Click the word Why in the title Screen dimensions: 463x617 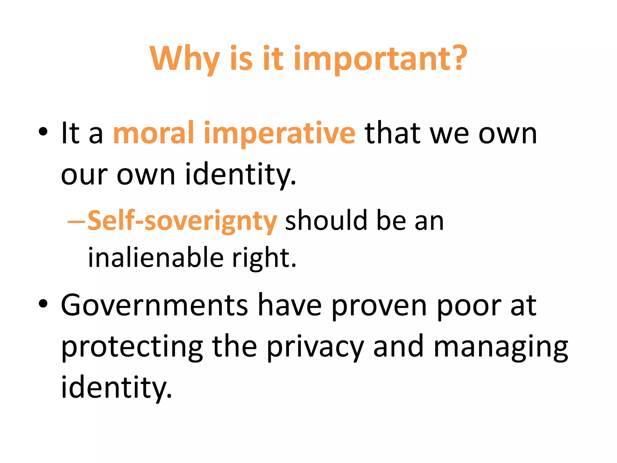(184, 59)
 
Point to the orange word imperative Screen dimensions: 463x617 (280, 134)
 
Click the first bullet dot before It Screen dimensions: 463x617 (43, 131)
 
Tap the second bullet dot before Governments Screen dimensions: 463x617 (43, 304)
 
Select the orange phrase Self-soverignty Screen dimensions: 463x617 (182, 221)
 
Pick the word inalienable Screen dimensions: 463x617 (155, 258)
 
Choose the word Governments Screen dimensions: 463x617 (154, 305)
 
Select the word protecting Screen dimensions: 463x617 (132, 348)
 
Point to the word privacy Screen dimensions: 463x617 (315, 348)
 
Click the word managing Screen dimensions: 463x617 (500, 348)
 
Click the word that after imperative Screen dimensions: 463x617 (393, 133)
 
